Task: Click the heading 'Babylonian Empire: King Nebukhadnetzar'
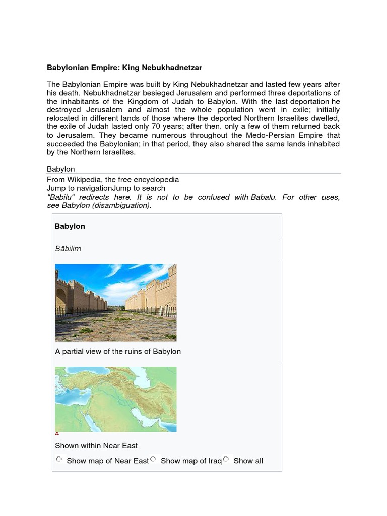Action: coord(124,67)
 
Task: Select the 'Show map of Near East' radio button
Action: coord(59,459)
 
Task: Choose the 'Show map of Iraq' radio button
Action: coord(153,459)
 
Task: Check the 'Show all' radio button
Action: coord(226,459)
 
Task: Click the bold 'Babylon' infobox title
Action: coord(70,226)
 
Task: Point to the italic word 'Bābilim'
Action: coord(68,248)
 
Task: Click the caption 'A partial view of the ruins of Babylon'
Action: coord(118,351)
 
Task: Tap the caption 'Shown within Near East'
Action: coord(96,445)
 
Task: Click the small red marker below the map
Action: coord(57,434)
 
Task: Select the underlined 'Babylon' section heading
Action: coord(60,169)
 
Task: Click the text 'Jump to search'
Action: coord(137,188)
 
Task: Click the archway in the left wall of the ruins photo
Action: coord(60,299)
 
